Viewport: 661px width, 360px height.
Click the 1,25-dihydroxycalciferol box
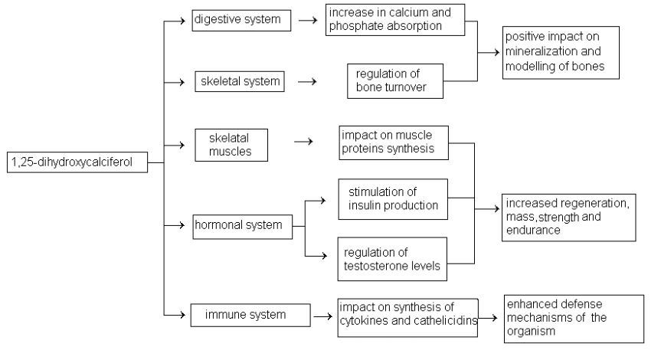tap(77, 162)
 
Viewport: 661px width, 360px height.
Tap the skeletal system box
tap(240, 80)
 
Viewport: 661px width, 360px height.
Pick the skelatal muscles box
tap(239, 145)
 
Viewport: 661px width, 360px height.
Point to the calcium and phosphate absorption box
tap(395, 20)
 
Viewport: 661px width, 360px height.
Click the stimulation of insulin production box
tap(393, 198)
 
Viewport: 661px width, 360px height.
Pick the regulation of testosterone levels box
tap(393, 259)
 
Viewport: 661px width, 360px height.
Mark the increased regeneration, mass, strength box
tap(570, 217)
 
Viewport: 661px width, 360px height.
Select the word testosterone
tap(388, 265)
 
